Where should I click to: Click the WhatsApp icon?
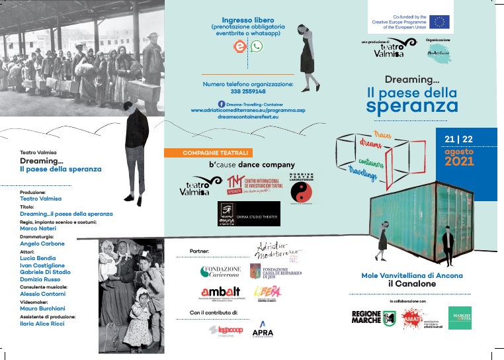click(x=257, y=46)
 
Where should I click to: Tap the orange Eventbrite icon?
click(x=239, y=46)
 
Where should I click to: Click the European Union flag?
click(x=440, y=21)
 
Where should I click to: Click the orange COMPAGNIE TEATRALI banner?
click(x=210, y=153)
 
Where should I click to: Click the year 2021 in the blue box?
click(x=460, y=161)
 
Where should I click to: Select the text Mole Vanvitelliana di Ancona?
click(x=411, y=275)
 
